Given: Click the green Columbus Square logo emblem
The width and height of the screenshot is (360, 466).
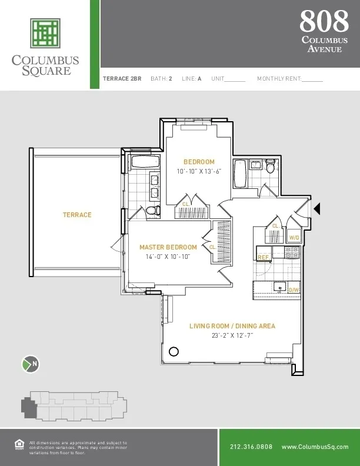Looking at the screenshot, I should (x=45, y=34).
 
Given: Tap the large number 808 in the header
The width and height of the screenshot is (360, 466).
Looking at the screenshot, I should (x=324, y=22).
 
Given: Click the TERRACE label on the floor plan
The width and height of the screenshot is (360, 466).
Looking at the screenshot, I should (x=77, y=215).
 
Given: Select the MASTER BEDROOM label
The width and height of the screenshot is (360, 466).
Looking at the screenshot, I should (x=168, y=247).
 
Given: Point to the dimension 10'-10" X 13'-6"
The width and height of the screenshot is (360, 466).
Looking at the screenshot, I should (x=199, y=172).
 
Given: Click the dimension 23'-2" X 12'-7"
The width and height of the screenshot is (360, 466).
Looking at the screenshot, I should (x=232, y=336).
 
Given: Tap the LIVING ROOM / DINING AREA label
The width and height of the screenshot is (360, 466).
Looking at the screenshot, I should (x=232, y=326).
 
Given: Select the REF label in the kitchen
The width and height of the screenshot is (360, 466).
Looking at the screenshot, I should (x=262, y=258).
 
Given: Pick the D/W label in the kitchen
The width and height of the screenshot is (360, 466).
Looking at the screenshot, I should (x=294, y=290).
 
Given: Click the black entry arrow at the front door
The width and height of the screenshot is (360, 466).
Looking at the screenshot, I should (x=316, y=208).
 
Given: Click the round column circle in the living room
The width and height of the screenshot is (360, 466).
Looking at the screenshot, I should (x=174, y=352).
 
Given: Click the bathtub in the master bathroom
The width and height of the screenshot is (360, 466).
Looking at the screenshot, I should (x=141, y=162).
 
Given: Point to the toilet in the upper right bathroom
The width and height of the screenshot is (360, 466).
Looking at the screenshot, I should (x=271, y=167).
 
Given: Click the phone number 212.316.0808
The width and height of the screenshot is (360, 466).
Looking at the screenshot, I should (x=251, y=447).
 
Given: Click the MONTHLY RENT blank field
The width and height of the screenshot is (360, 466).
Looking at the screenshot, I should (x=312, y=78).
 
